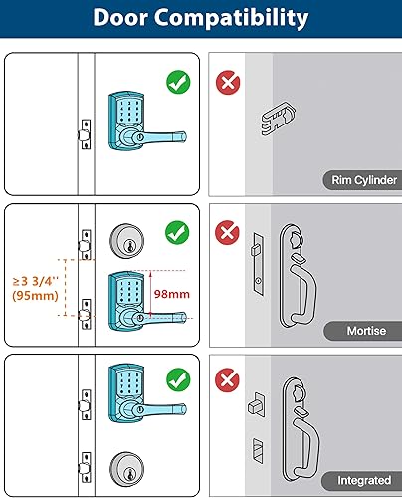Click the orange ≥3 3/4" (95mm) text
pyautogui.click(x=33, y=288)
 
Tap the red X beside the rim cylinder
pyautogui.click(x=229, y=82)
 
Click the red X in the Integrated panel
pyautogui.click(x=229, y=379)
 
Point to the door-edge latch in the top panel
pyautogui.click(x=85, y=131)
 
